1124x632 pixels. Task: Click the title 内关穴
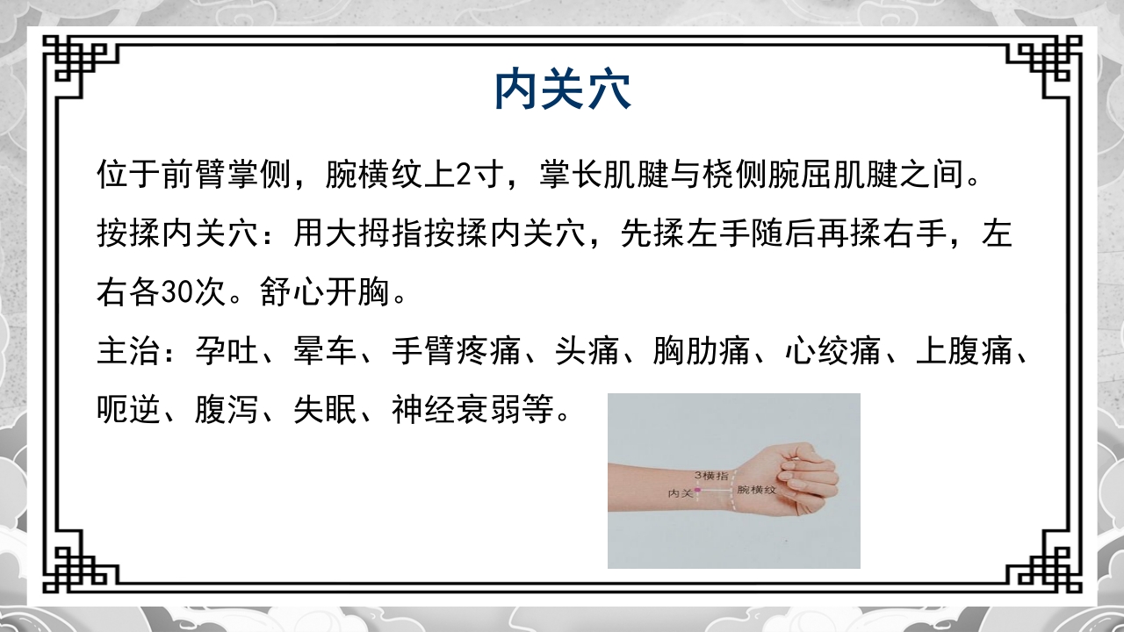tap(562, 90)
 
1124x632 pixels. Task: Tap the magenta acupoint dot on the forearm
tap(697, 490)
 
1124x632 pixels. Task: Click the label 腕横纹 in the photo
tap(757, 489)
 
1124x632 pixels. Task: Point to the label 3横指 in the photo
tap(711, 475)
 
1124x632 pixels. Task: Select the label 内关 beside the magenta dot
tap(681, 493)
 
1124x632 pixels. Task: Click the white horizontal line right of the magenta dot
tap(716, 490)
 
